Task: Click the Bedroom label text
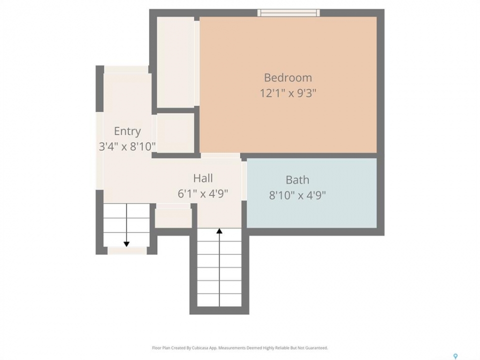coord(288,78)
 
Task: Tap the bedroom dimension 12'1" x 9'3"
coord(288,93)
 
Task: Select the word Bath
coord(297,180)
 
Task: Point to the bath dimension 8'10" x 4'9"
coord(297,195)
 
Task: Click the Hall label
coord(203,178)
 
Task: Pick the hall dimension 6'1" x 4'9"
coord(203,193)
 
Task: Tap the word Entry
coord(127,131)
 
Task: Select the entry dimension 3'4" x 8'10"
coord(127,146)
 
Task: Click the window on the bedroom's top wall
coord(288,12)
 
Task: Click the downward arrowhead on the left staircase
coord(126,244)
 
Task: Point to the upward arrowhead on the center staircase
coord(219,231)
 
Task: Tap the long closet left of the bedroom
coord(175,62)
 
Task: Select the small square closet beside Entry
coord(175,133)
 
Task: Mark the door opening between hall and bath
coord(244,181)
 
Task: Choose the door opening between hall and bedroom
coord(220,155)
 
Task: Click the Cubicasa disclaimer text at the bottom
coord(240,348)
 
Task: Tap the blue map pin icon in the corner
coord(455,356)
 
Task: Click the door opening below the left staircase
coord(127,250)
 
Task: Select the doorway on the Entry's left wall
coord(100,150)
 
